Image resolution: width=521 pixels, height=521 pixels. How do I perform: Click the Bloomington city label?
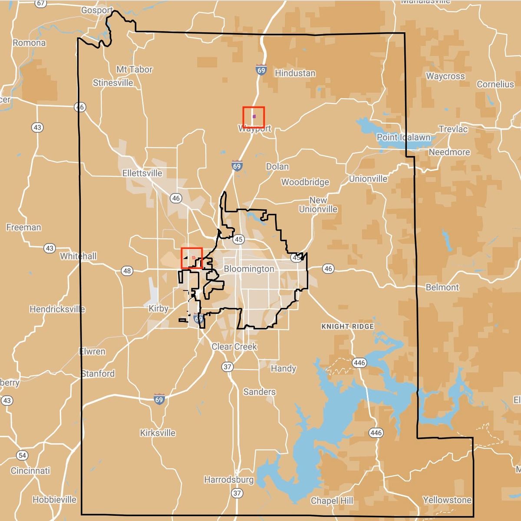coord(249,269)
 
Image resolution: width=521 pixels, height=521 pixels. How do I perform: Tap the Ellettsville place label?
coord(142,173)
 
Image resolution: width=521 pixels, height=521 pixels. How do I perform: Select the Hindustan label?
coord(295,73)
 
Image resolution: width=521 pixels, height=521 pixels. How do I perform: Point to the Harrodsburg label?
coord(229,480)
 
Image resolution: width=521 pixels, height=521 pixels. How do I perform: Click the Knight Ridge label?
coord(347,326)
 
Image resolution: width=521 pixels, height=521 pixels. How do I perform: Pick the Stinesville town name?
coord(113,83)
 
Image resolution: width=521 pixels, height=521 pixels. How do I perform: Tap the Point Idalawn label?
coord(403,137)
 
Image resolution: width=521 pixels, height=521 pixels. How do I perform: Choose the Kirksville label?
coord(158,433)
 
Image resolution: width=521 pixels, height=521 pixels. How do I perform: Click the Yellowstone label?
coord(447,500)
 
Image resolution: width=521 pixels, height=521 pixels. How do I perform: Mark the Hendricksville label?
coord(57,309)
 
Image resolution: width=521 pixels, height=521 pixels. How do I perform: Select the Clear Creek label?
coord(234,346)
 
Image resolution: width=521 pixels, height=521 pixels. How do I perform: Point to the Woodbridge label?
coord(305,182)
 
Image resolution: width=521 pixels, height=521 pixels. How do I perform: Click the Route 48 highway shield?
coord(126,271)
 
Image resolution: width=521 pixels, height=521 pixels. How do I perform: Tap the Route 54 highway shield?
coord(22,455)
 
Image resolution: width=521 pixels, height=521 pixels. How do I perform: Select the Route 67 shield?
coord(40,3)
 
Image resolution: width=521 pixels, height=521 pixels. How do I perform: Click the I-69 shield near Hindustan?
coord(261,70)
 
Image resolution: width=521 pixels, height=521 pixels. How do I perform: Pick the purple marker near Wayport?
coord(254,116)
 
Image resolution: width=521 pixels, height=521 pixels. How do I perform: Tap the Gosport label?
coord(97,10)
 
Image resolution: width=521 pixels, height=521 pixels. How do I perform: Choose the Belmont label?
coord(442,287)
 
